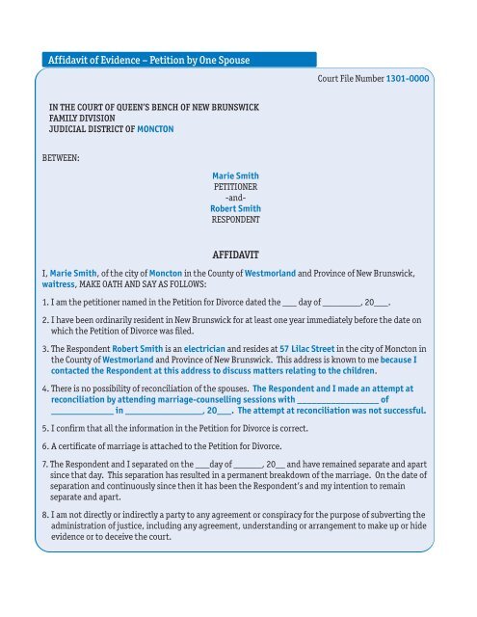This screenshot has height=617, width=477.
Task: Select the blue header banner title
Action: click(148, 62)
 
